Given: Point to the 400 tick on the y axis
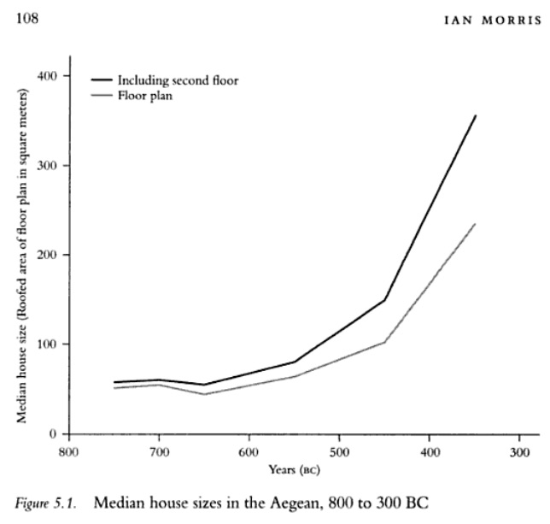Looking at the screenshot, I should click(x=46, y=76).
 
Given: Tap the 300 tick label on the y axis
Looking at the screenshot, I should click(x=46, y=166).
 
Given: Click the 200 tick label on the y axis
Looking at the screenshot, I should click(x=46, y=255).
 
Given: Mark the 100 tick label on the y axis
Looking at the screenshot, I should click(x=46, y=344).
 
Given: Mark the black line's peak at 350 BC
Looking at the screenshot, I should click(x=475, y=115).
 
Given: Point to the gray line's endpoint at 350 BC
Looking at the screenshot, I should click(x=475, y=224).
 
